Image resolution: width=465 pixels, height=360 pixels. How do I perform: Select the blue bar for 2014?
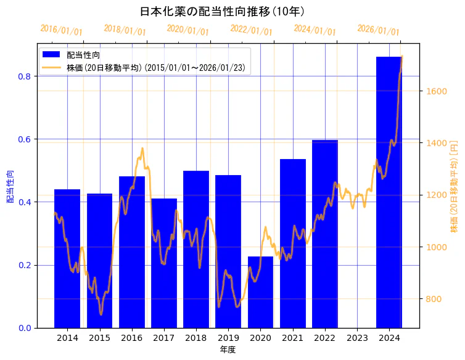click(x=67, y=259)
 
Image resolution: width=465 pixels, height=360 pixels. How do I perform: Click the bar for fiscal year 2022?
click(x=325, y=234)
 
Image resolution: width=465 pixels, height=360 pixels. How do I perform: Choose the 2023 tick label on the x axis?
click(x=357, y=338)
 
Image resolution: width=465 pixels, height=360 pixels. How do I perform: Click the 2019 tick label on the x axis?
click(x=228, y=338)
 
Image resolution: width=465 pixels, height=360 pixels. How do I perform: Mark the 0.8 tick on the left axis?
click(x=24, y=76)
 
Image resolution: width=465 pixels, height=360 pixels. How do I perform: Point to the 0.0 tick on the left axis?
click(x=24, y=328)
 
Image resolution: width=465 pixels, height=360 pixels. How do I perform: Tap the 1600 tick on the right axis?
click(x=436, y=91)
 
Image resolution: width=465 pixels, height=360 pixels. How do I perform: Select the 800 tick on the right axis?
click(x=434, y=299)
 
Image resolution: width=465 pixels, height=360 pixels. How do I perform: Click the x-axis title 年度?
click(x=228, y=350)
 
